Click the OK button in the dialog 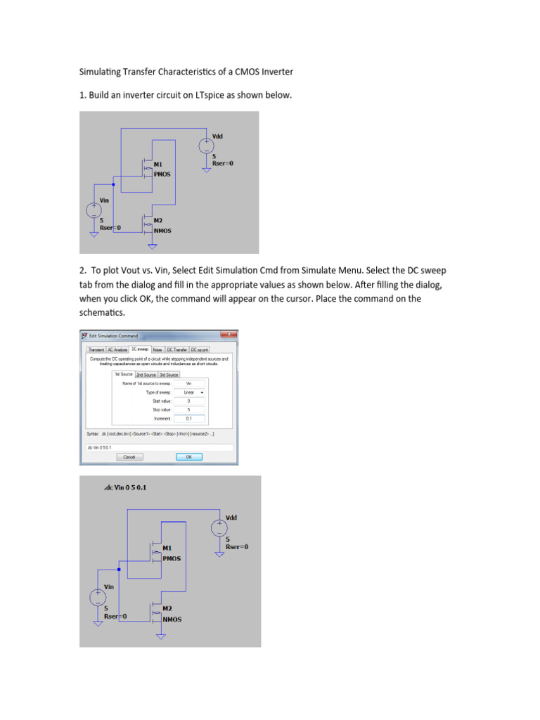coord(188,456)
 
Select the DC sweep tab coord(139,349)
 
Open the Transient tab coord(96,349)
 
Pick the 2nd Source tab coord(146,375)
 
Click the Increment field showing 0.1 coord(188,418)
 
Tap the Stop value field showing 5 coord(188,409)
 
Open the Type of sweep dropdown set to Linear coord(191,392)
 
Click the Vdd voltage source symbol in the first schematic coord(205,146)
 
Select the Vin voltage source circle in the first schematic coord(93,210)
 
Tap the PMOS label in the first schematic coord(162,174)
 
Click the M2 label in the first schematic coord(158,220)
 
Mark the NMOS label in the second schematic coord(172,619)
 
